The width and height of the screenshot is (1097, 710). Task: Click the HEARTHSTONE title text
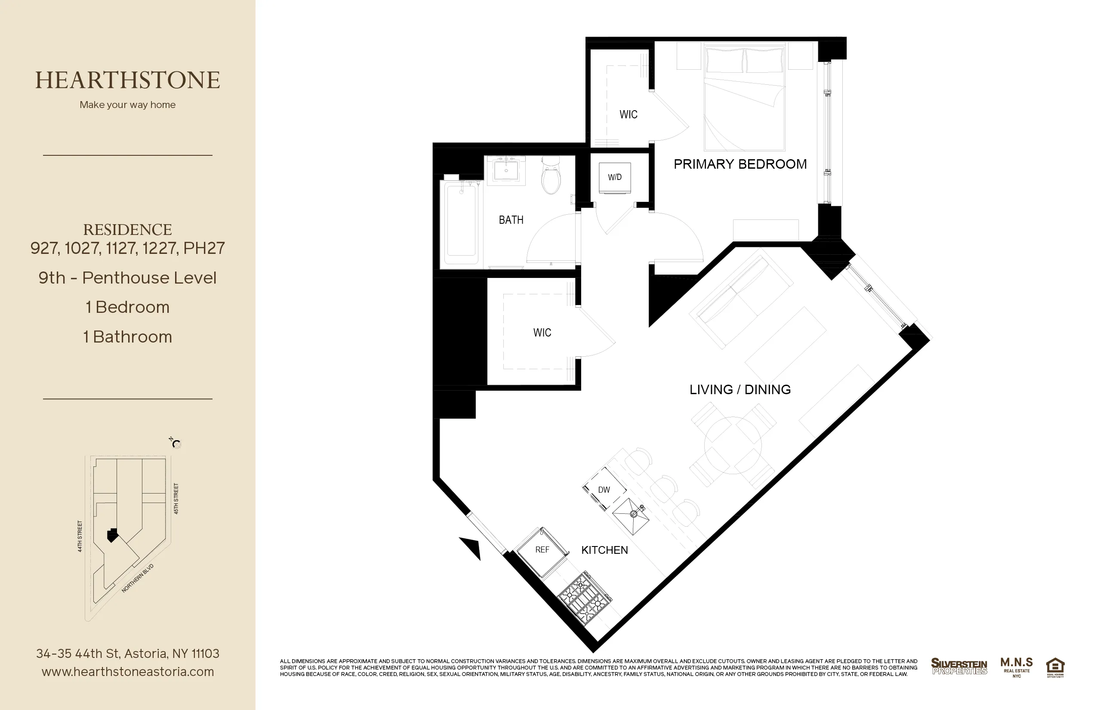pyautogui.click(x=128, y=80)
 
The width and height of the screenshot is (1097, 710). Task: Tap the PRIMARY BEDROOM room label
pyautogui.click(x=740, y=164)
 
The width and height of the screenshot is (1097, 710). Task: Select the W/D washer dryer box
pyautogui.click(x=614, y=177)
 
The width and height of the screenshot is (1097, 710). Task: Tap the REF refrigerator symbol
pyautogui.click(x=542, y=551)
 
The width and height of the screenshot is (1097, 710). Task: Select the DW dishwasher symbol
pyautogui.click(x=604, y=490)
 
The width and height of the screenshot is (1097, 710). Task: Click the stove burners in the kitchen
pyautogui.click(x=585, y=599)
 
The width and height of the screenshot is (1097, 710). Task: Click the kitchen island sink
pyautogui.click(x=631, y=516)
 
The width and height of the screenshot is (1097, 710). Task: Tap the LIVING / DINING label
pyautogui.click(x=740, y=389)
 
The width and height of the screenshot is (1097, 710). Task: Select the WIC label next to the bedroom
pyautogui.click(x=628, y=114)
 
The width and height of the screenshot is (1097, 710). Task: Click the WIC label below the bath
pyautogui.click(x=542, y=332)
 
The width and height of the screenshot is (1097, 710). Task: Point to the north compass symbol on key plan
pyautogui.click(x=176, y=444)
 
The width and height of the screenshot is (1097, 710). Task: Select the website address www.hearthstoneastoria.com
pyautogui.click(x=128, y=672)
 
